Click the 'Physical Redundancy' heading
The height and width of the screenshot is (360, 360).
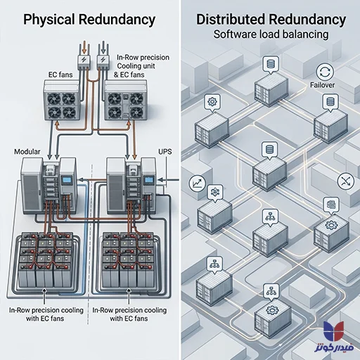(89, 20)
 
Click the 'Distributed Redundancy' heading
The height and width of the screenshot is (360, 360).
(271, 19)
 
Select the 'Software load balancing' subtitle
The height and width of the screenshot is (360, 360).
(271, 34)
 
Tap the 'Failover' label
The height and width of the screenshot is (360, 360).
(322, 85)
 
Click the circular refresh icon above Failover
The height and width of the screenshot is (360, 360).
(325, 72)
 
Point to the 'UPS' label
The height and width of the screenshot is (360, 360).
(165, 152)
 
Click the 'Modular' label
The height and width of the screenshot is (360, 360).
(27, 152)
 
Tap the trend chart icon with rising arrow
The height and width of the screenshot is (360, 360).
(197, 183)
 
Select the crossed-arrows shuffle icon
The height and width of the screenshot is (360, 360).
(346, 181)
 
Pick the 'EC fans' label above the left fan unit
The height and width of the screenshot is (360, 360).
(60, 75)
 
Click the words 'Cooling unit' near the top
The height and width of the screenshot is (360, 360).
(136, 66)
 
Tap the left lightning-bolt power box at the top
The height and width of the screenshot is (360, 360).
(84, 60)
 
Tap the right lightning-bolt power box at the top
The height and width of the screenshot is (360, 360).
(103, 60)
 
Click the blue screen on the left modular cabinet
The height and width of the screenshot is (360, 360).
(66, 181)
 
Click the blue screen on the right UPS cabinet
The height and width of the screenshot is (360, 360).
(148, 180)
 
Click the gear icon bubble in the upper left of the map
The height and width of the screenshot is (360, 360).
(212, 103)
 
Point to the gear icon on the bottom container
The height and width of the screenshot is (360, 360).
(272, 310)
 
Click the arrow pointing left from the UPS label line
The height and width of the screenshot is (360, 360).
(168, 180)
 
